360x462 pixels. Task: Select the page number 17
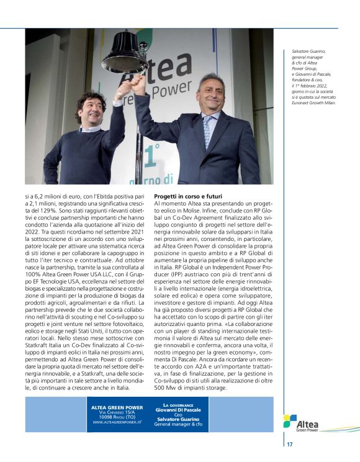[290, 445]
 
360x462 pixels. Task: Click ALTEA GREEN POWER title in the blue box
[117, 407]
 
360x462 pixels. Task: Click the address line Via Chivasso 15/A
[117, 412]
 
